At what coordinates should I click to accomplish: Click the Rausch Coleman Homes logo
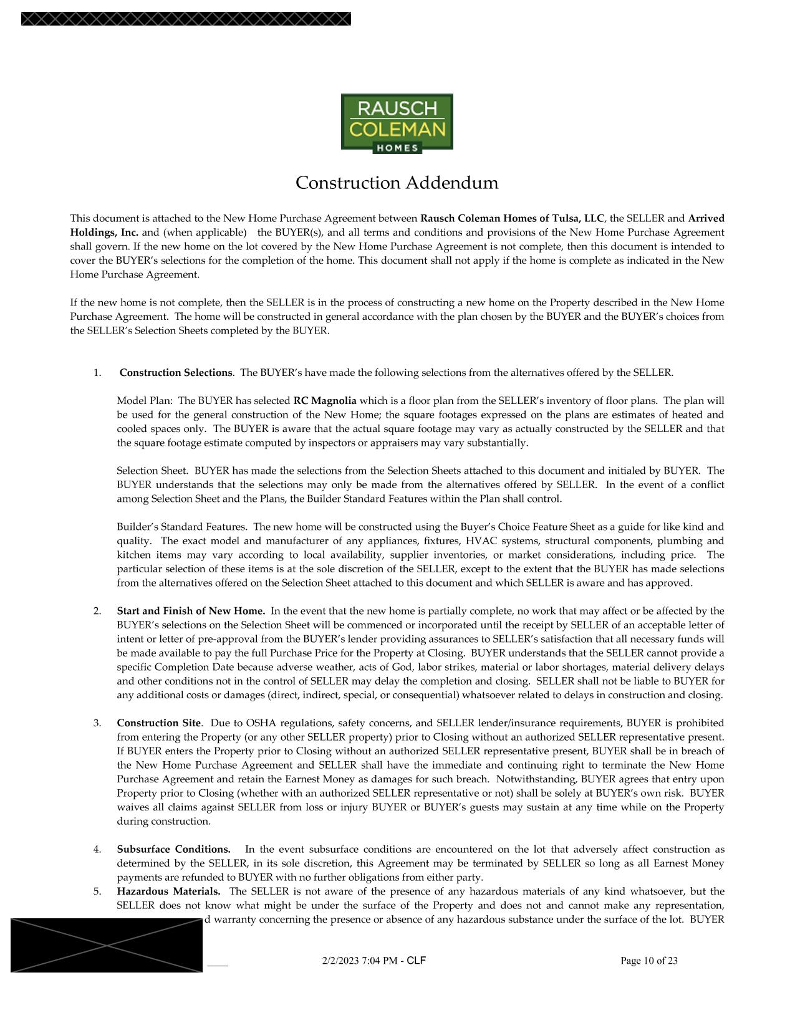coord(397,123)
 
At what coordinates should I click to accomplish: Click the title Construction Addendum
coord(397,183)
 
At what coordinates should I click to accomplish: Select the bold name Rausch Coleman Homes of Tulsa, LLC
coord(512,219)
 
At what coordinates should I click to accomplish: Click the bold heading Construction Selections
coord(176,373)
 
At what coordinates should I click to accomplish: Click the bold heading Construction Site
coord(159,723)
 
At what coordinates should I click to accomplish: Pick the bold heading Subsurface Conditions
coord(173,850)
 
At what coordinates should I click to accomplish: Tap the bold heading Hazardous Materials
coord(168,891)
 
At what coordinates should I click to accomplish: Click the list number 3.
coord(97,723)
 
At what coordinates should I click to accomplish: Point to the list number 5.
coord(97,891)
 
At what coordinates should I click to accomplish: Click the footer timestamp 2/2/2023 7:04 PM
coord(359,961)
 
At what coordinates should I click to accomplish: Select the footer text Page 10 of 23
coord(648,961)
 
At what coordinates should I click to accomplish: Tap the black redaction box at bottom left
coord(107,945)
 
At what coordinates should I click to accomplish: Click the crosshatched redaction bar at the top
coord(186,19)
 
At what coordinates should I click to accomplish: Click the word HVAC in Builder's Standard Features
coord(481,541)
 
